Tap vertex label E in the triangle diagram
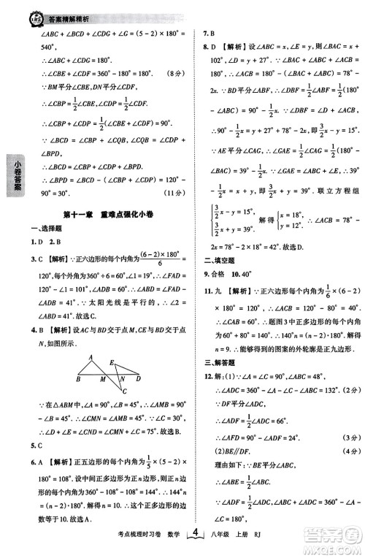pyautogui.click(x=112, y=362)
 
